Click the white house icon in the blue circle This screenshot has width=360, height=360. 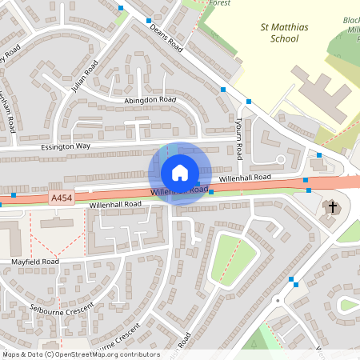coord(180,173)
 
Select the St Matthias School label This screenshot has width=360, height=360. coord(285,32)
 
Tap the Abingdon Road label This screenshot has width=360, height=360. coord(150,100)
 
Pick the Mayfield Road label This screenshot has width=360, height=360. coord(35,262)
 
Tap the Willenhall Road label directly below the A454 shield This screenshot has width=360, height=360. coord(115,205)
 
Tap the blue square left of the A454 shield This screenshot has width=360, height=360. coord(14,195)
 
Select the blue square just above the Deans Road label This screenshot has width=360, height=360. coord(149,20)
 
